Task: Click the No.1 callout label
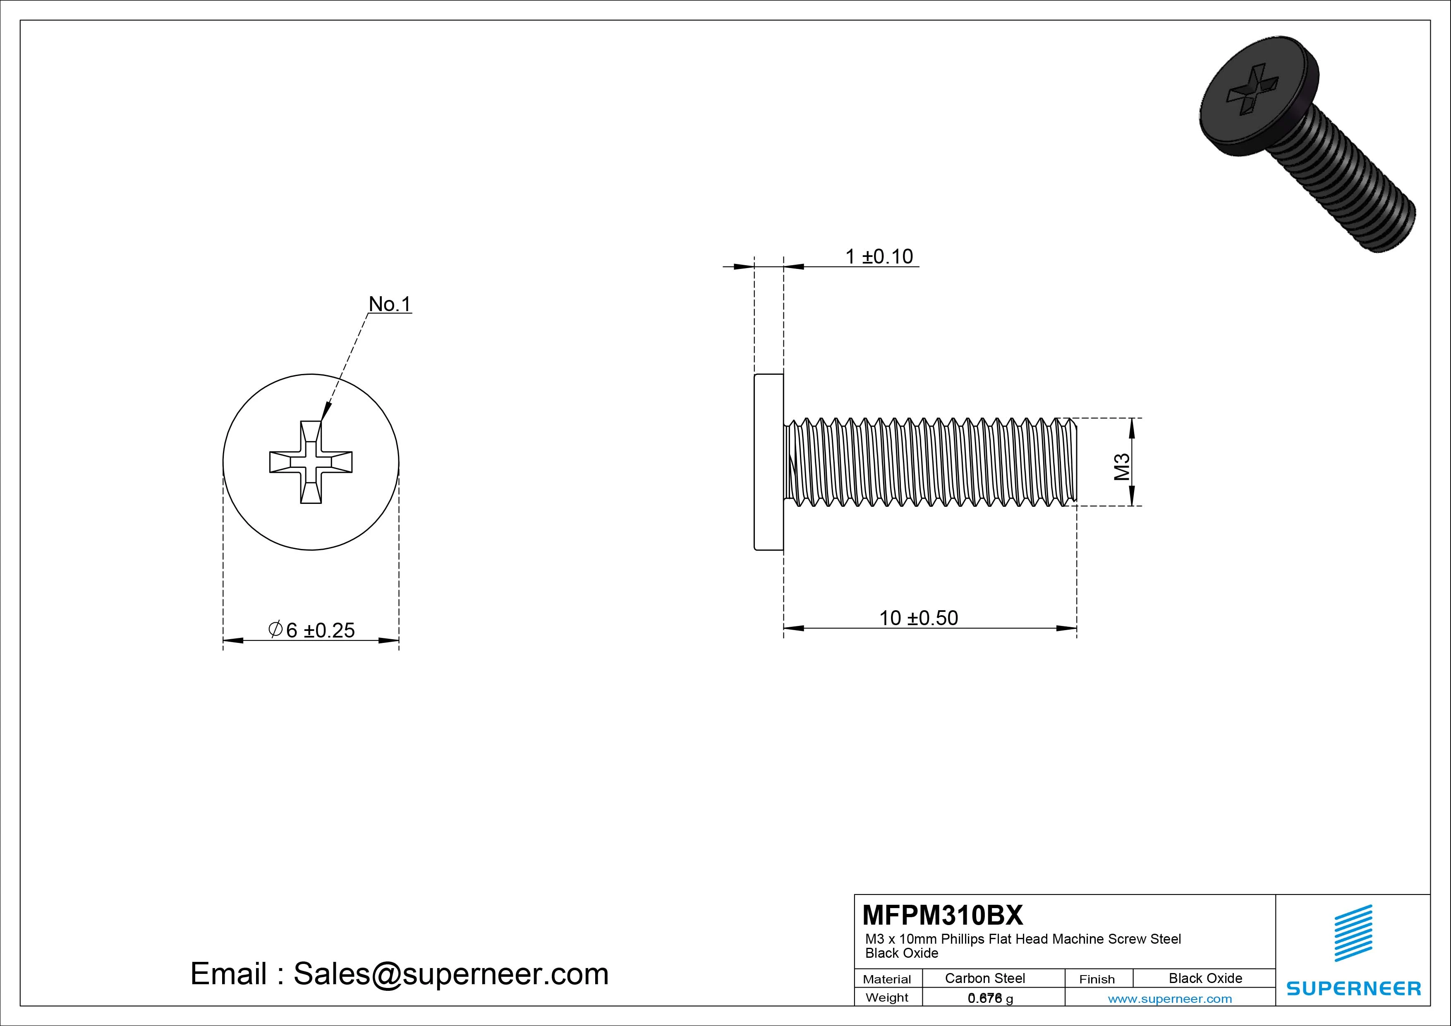click(x=389, y=304)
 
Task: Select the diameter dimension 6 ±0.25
click(x=312, y=630)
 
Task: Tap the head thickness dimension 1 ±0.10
click(x=879, y=256)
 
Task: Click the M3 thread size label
click(x=1122, y=467)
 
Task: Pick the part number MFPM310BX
click(x=942, y=915)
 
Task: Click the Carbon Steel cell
click(x=984, y=978)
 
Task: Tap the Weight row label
click(x=887, y=997)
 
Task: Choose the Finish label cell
click(x=1097, y=978)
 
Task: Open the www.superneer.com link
click(x=1170, y=999)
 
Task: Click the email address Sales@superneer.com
click(x=450, y=973)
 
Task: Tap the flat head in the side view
click(x=769, y=462)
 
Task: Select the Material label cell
click(x=887, y=978)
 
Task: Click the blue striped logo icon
click(x=1353, y=933)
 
